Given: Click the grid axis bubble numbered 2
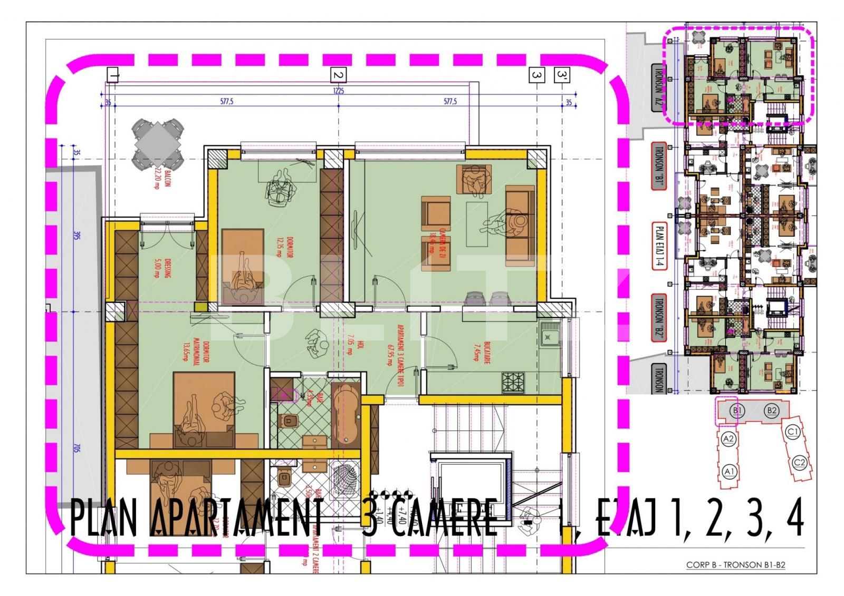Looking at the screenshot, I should pyautogui.click(x=338, y=75).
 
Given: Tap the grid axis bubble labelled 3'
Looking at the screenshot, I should pyautogui.click(x=561, y=75).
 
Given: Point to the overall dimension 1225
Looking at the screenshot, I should pyautogui.click(x=338, y=91).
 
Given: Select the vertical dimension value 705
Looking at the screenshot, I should pyautogui.click(x=76, y=448).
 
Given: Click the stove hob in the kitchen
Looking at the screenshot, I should pyautogui.click(x=513, y=382).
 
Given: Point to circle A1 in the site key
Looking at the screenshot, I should pyautogui.click(x=730, y=471).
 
